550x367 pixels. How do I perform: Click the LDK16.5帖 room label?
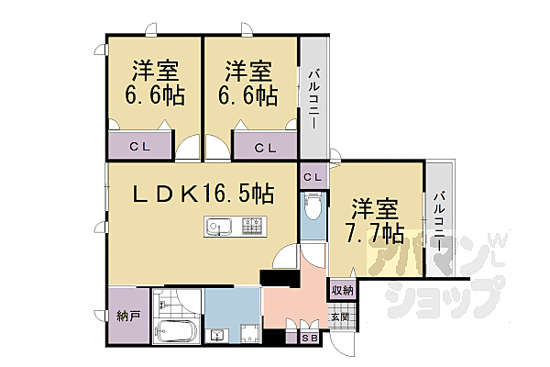[203, 194]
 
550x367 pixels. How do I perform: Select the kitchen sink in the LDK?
[218, 226]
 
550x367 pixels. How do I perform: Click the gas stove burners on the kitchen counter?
[252, 225]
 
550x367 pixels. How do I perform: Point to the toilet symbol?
[313, 209]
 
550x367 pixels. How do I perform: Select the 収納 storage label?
[342, 290]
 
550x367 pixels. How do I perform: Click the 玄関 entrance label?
[340, 317]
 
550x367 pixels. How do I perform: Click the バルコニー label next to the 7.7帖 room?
[438, 225]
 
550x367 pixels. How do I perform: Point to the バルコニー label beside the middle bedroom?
[313, 98]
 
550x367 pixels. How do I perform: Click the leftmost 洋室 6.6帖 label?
[153, 83]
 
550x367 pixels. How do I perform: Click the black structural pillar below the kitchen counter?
[274, 277]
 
